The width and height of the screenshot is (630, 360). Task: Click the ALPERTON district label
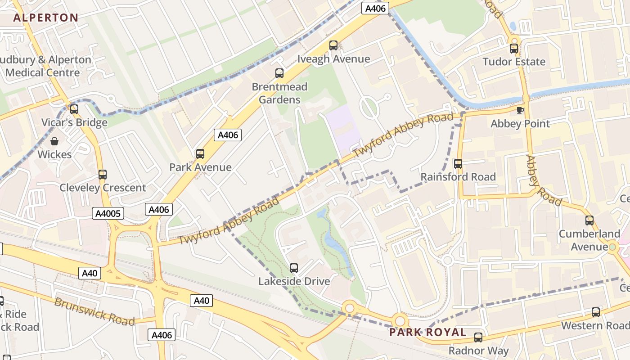tap(46, 18)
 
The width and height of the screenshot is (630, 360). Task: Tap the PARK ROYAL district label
tap(427, 333)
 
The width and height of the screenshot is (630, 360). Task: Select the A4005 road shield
tap(108, 213)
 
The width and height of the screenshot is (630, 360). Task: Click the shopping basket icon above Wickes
tap(54, 141)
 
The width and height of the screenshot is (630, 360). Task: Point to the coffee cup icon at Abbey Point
tap(520, 110)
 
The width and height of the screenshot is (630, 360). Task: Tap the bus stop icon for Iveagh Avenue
tap(333, 45)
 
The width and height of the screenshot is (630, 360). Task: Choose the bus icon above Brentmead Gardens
tap(279, 73)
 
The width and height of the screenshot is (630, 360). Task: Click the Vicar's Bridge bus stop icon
tap(74, 109)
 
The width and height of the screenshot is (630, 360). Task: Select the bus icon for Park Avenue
tap(200, 154)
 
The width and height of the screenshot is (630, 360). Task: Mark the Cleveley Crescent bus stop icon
tap(103, 175)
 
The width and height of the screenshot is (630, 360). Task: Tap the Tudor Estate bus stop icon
tap(514, 49)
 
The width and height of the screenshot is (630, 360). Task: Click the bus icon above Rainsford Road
tap(458, 164)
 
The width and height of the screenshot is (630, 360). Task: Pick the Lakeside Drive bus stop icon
tap(294, 268)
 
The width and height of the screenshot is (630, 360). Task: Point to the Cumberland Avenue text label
tap(589, 240)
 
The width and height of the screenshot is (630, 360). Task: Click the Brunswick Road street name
tap(94, 311)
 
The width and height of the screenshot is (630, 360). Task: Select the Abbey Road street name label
tap(544, 180)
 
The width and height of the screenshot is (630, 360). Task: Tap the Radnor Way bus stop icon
tap(478, 337)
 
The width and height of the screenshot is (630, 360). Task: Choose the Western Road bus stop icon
tap(596, 312)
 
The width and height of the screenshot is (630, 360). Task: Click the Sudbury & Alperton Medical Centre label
tap(45, 66)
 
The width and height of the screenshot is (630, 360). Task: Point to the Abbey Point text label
tap(520, 124)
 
